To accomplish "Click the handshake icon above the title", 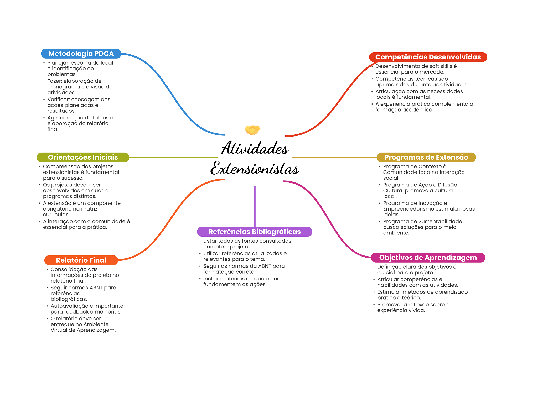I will (x=252, y=130).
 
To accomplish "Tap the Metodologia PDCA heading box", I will (x=81, y=54).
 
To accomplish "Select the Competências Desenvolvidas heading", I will (x=428, y=57).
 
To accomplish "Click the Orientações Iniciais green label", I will (x=83, y=157).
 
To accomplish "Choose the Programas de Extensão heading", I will (x=426, y=157).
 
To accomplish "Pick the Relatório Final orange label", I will (x=81, y=260).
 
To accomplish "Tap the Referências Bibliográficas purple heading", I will (x=254, y=232).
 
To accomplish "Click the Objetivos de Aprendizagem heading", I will (x=428, y=258).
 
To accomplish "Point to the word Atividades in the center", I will (x=255, y=148).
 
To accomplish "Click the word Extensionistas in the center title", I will (x=255, y=169).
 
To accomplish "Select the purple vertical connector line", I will (x=255, y=206).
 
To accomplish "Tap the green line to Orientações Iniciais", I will (x=173, y=157).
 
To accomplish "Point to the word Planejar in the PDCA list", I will (x=58, y=63).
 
